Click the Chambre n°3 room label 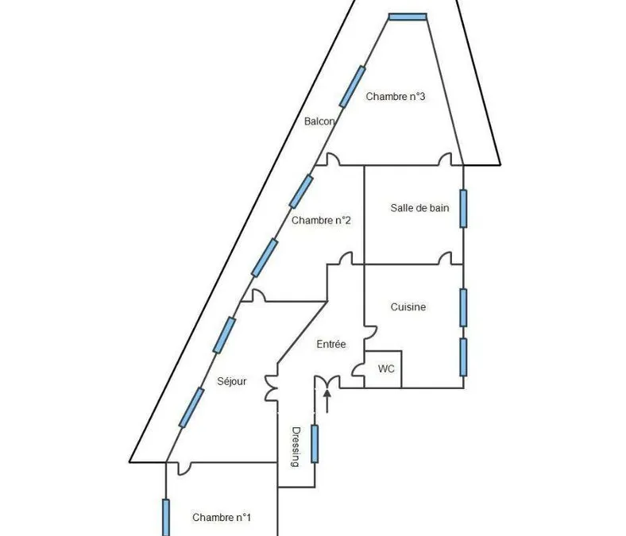396,97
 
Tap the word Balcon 319,121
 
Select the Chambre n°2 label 321,220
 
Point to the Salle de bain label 419,208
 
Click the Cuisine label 408,307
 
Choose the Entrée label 331,344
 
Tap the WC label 386,368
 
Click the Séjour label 231,381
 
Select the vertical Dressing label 296,447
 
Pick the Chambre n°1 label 222,517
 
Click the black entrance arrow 327,401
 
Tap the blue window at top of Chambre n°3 408,17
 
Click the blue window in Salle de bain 463,209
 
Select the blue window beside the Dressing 315,444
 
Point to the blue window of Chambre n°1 166,517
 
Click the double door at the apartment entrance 327,382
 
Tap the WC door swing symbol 358,369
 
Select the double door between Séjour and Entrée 272,388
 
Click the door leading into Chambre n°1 184,469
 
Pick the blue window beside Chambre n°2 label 301,191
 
